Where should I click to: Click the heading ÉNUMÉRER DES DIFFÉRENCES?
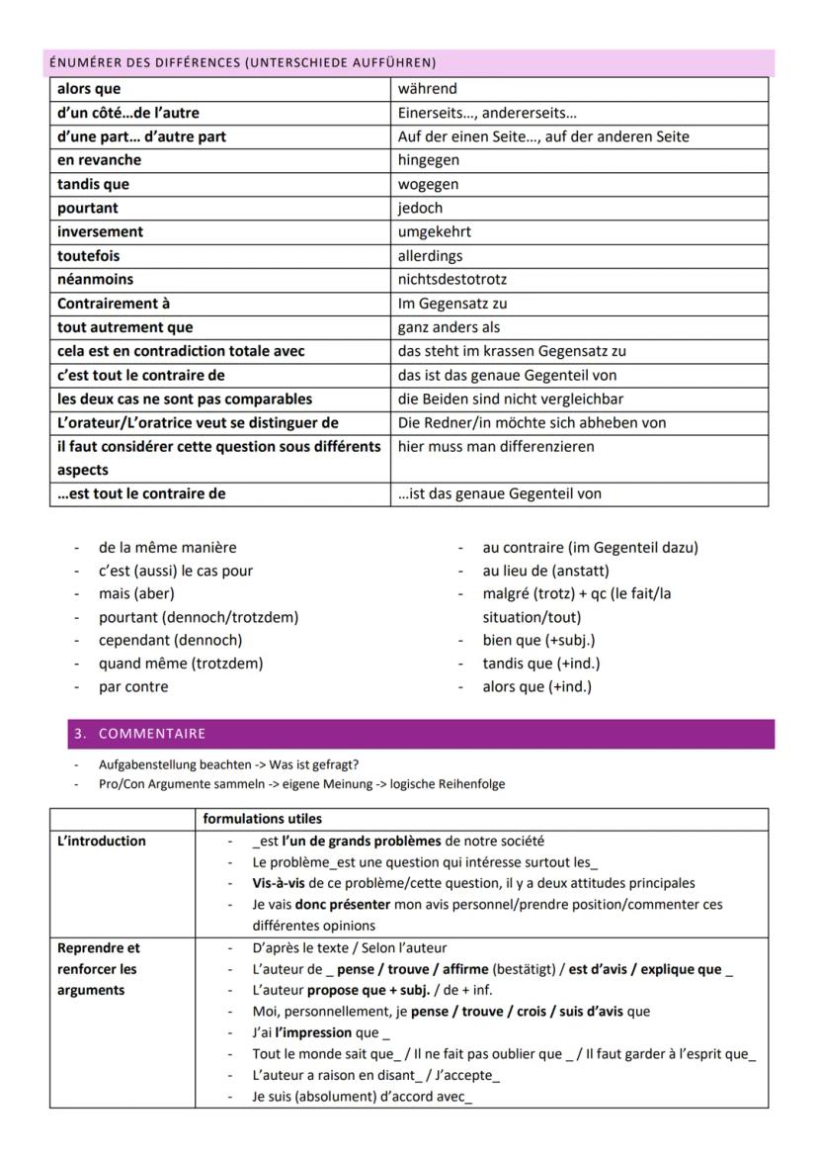242,62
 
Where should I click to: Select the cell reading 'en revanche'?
100,160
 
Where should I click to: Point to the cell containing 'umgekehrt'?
434,232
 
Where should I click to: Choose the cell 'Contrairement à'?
113,304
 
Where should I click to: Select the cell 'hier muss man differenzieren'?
495,447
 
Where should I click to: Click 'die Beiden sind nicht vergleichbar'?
511,400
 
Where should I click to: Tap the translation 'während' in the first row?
427,89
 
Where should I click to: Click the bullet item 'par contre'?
133,686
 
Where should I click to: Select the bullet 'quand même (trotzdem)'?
181,664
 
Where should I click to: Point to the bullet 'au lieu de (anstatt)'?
545,571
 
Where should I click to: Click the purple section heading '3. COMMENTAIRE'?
138,734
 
